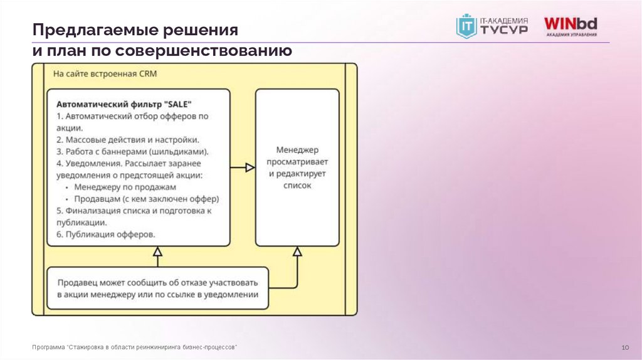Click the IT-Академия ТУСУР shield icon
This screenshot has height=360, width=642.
(x=466, y=26)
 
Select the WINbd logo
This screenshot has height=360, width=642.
(x=570, y=27)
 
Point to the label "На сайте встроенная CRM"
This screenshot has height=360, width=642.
(x=105, y=74)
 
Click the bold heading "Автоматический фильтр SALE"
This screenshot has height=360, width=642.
(x=124, y=104)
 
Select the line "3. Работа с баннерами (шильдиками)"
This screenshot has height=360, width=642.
(x=132, y=151)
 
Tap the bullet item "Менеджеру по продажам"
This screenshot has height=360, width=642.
(x=125, y=187)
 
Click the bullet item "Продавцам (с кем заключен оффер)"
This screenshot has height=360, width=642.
(x=146, y=199)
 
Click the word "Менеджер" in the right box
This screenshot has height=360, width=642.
(x=297, y=151)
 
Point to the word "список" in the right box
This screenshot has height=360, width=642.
(x=297, y=186)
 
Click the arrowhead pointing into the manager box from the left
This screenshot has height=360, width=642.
(x=249, y=167)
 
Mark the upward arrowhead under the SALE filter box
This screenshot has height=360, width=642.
(x=158, y=251)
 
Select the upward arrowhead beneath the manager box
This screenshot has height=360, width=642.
(x=297, y=251)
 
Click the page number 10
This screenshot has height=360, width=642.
(x=624, y=347)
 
